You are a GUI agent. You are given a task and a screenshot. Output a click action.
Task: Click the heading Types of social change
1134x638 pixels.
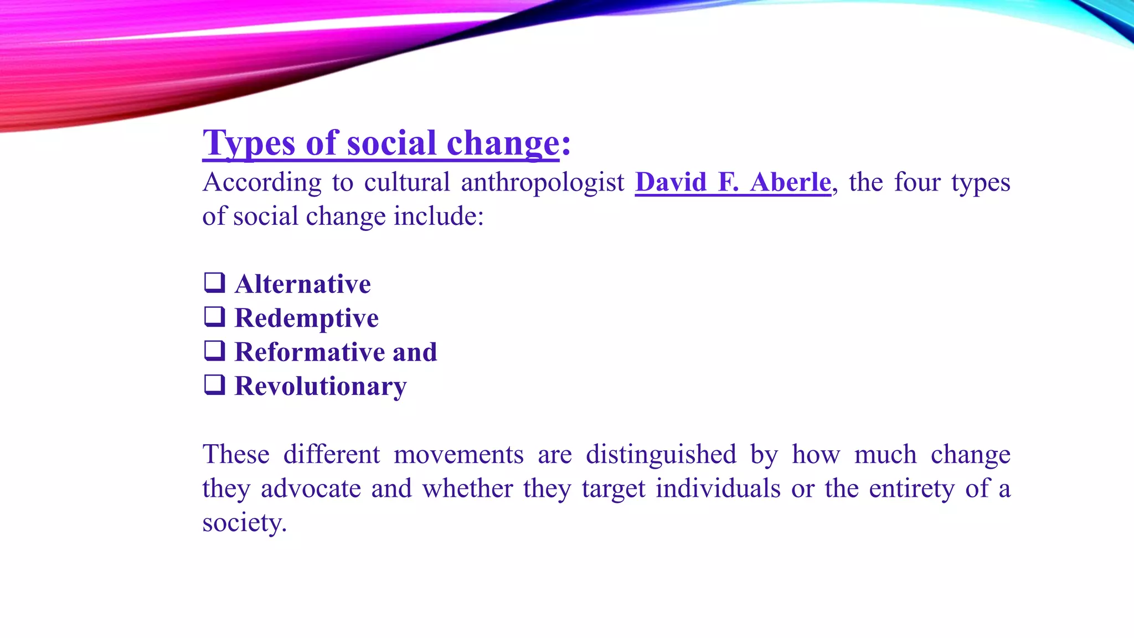coord(381,143)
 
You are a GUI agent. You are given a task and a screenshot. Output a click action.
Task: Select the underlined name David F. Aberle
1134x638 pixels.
coord(733,182)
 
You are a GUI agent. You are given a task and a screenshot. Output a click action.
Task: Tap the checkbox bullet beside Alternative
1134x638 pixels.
coord(215,282)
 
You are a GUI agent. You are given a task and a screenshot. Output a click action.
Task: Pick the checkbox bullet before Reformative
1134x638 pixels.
coord(215,351)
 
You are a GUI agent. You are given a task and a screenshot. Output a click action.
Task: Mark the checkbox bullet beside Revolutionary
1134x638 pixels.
coord(215,384)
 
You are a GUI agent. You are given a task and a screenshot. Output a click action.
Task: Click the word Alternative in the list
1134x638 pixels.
coord(302,284)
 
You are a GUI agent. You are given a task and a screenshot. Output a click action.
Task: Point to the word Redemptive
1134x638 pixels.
coord(306,318)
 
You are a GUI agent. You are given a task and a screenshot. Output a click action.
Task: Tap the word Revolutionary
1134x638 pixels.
coord(320,387)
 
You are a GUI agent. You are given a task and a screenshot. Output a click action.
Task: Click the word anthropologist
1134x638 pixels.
coord(542,183)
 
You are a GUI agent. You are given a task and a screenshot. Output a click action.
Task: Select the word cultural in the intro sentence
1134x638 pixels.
coord(407,182)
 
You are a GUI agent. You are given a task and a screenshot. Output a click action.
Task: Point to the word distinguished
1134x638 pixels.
coord(661,455)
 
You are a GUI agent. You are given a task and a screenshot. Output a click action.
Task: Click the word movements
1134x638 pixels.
coord(458,455)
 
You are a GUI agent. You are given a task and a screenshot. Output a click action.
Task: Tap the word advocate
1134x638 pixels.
coord(311,488)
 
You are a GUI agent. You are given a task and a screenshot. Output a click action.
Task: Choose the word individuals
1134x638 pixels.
coord(718,488)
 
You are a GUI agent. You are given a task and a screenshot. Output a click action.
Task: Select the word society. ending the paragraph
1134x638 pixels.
coord(244,523)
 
